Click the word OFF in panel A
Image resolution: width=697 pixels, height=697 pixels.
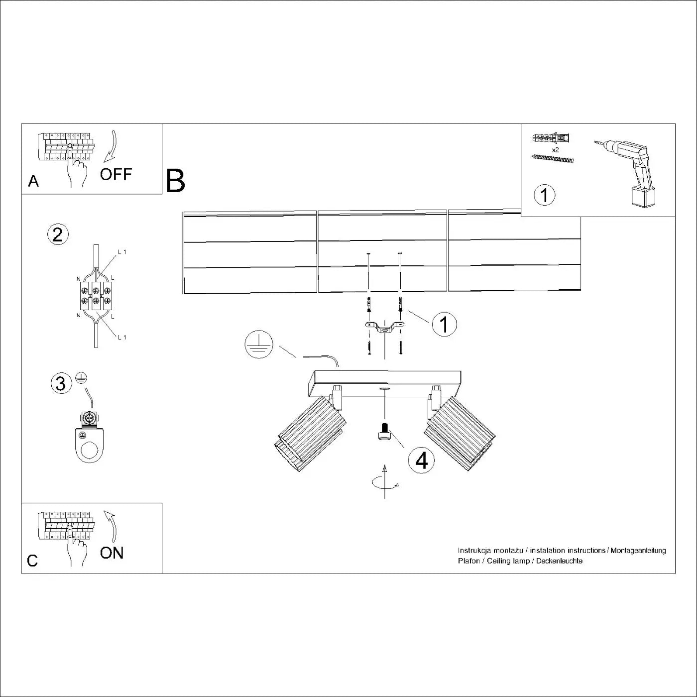(x=116, y=174)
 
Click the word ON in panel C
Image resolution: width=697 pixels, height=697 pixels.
(x=112, y=553)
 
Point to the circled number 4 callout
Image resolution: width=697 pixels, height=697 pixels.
(x=421, y=461)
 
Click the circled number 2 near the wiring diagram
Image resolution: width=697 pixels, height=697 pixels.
(x=58, y=234)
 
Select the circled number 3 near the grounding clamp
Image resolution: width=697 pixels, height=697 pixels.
(x=61, y=383)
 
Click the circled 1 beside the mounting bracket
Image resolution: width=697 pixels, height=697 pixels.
(x=444, y=324)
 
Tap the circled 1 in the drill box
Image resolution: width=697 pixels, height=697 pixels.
(x=544, y=195)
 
